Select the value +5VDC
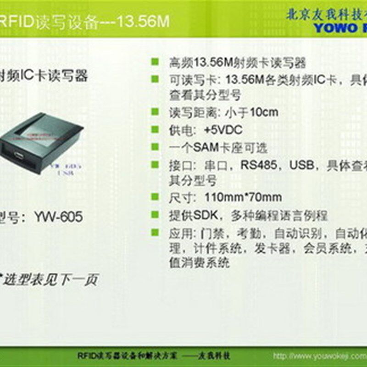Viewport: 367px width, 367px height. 223,130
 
